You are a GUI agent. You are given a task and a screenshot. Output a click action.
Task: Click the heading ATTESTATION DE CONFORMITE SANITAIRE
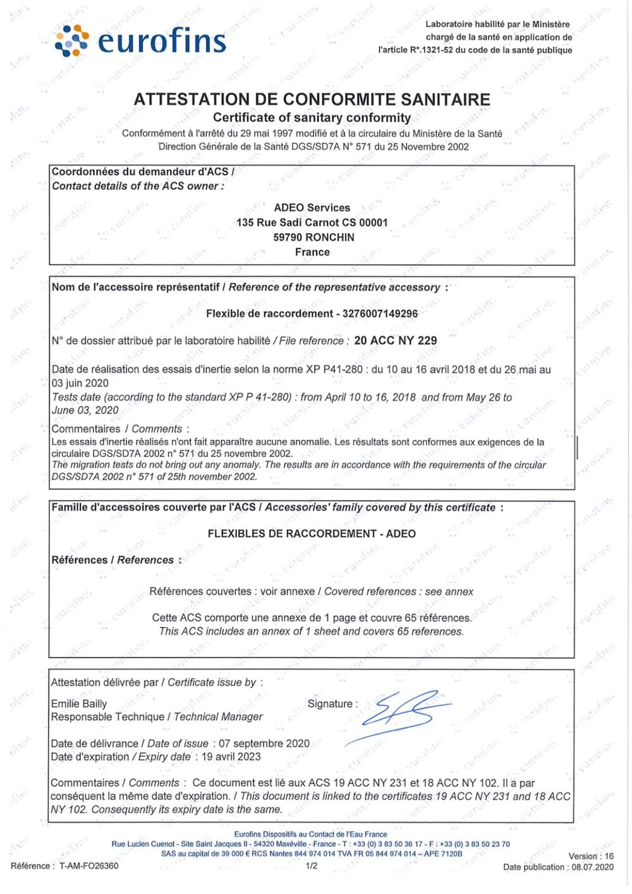tap(312, 99)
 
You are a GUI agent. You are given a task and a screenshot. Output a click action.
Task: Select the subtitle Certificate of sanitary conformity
tap(312, 118)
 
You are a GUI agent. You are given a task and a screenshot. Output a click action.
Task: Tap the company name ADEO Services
tap(312, 207)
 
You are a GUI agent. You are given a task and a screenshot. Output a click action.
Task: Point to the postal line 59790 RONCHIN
tap(313, 237)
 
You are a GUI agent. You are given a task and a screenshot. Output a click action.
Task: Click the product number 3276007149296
tap(380, 314)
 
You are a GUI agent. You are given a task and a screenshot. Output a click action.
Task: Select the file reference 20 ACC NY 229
tap(396, 340)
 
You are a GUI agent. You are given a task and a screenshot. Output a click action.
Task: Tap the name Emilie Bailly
tap(79, 704)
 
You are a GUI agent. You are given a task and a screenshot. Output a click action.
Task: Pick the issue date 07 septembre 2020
tap(264, 744)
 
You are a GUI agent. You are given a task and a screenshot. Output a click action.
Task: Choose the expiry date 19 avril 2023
tap(231, 757)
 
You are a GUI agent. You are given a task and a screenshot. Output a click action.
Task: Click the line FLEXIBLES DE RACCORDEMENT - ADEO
tap(312, 534)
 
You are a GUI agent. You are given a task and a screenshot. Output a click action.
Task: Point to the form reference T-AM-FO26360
tap(88, 866)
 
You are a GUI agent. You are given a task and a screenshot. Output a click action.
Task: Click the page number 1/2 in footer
tap(312, 866)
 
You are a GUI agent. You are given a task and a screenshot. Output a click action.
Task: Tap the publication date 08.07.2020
tap(592, 867)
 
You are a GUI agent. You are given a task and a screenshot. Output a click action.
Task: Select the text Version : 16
tap(591, 856)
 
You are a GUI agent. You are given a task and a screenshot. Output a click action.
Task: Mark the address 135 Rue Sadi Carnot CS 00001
tap(312, 223)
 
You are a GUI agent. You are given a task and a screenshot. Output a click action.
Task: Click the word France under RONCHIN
tap(312, 252)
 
